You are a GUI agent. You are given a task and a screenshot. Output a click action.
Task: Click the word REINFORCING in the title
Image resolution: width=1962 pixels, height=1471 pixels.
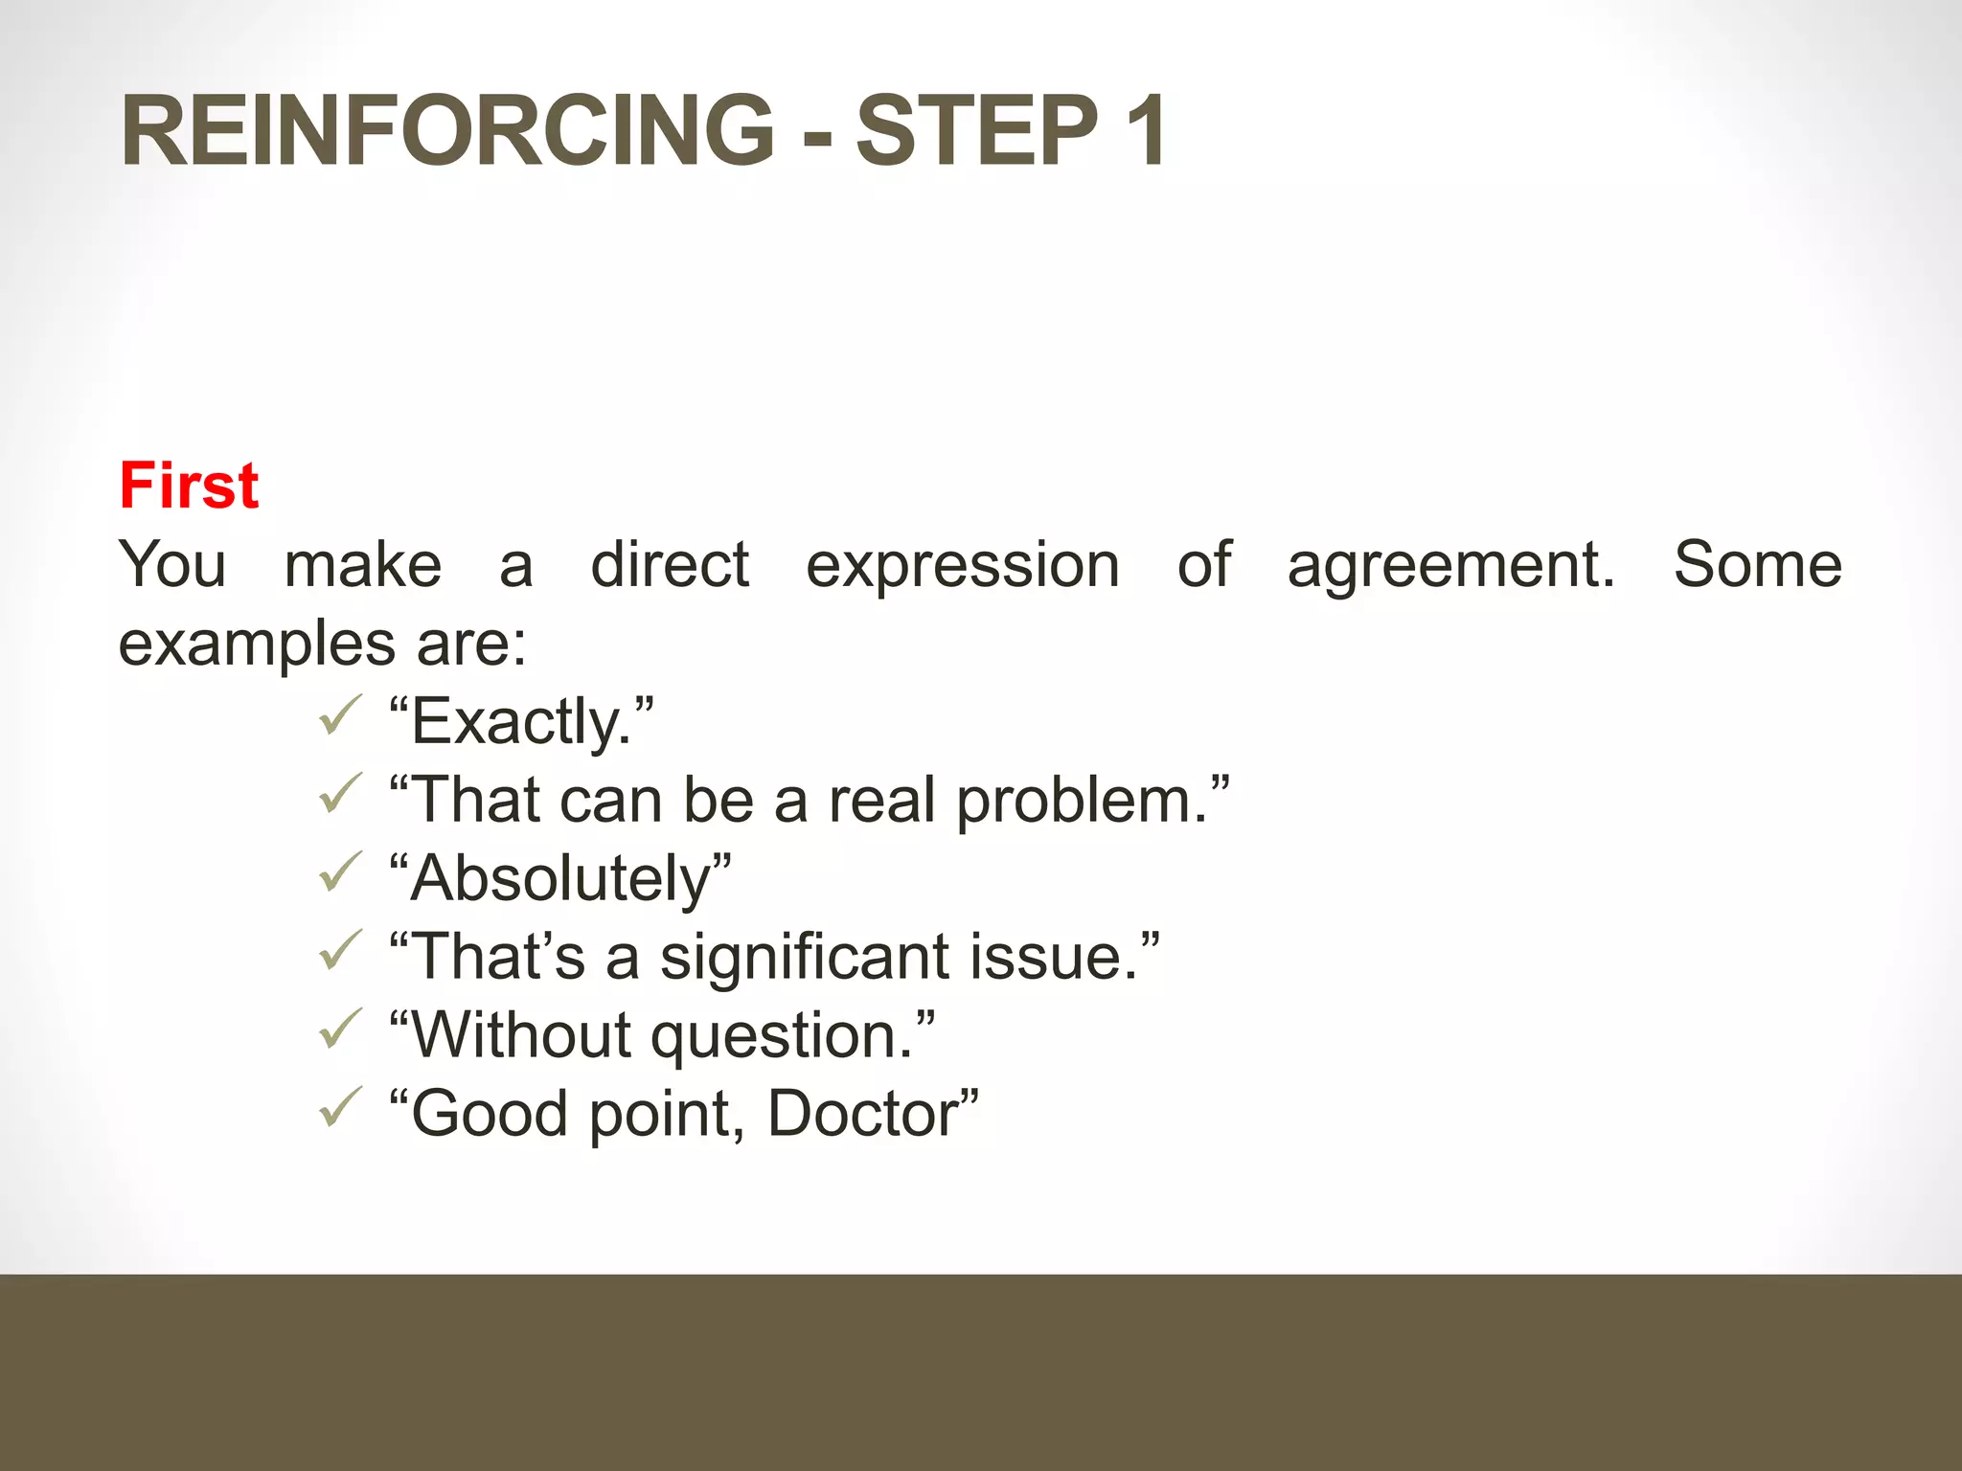(447, 131)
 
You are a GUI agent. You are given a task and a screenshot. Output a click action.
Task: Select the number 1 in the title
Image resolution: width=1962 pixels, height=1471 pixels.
(1144, 131)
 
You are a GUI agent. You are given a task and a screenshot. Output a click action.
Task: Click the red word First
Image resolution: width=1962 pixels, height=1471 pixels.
(189, 486)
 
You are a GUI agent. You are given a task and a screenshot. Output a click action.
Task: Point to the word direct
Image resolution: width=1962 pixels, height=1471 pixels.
(670, 565)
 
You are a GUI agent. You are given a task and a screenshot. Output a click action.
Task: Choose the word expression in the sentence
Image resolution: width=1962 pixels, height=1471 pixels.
(962, 565)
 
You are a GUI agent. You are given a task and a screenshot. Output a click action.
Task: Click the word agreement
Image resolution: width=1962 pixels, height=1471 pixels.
(1449, 565)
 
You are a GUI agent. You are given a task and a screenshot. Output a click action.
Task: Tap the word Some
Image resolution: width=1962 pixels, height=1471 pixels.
(1757, 565)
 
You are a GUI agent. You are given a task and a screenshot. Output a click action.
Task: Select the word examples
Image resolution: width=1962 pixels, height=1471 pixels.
(256, 644)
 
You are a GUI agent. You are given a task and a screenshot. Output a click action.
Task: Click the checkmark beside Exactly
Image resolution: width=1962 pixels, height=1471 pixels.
(340, 716)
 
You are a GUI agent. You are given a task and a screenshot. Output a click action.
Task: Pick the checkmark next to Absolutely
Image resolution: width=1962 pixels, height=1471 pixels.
(340, 873)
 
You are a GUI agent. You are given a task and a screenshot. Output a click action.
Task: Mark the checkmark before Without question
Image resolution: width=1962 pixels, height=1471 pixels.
(340, 1030)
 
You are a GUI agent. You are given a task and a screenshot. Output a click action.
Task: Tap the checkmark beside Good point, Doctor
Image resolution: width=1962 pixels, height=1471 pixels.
(340, 1109)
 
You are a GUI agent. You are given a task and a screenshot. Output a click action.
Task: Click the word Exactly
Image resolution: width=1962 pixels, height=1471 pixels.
(522, 722)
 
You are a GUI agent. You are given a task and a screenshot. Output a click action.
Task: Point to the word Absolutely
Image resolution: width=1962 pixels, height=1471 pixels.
(560, 879)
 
